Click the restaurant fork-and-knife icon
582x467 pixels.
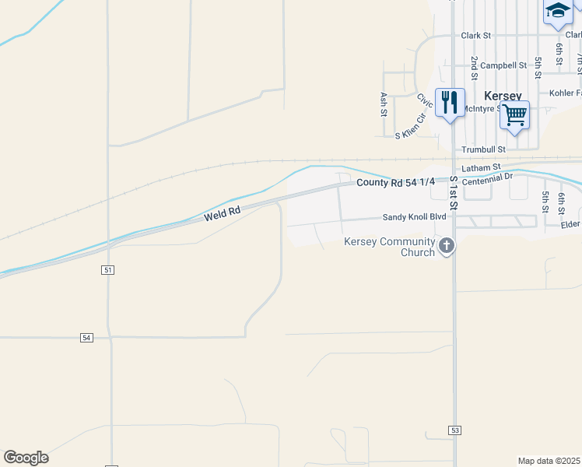point(450,103)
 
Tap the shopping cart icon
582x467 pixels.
point(514,115)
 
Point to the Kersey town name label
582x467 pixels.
point(503,95)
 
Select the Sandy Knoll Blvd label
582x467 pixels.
point(413,219)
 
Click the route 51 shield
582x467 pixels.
point(108,269)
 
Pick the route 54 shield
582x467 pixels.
point(86,338)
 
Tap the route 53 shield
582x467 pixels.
point(454,430)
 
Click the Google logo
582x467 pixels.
point(26,458)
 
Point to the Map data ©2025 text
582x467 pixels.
point(549,461)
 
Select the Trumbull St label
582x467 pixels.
point(483,149)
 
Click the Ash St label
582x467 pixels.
point(384,104)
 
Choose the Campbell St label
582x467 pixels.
point(503,65)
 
